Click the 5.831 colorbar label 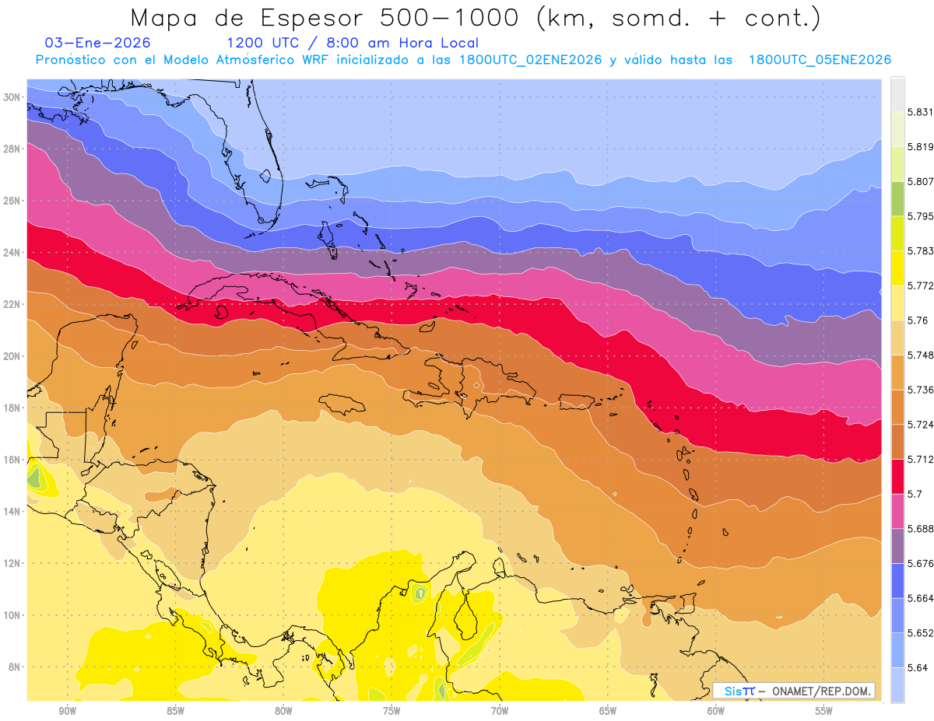coord(918,112)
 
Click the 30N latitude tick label coord(12,97)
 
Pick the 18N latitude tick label coord(12,408)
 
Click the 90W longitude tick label coord(67,711)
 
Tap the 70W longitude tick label coord(500,711)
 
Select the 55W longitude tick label coord(824,711)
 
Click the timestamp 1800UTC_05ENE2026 coord(820,60)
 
